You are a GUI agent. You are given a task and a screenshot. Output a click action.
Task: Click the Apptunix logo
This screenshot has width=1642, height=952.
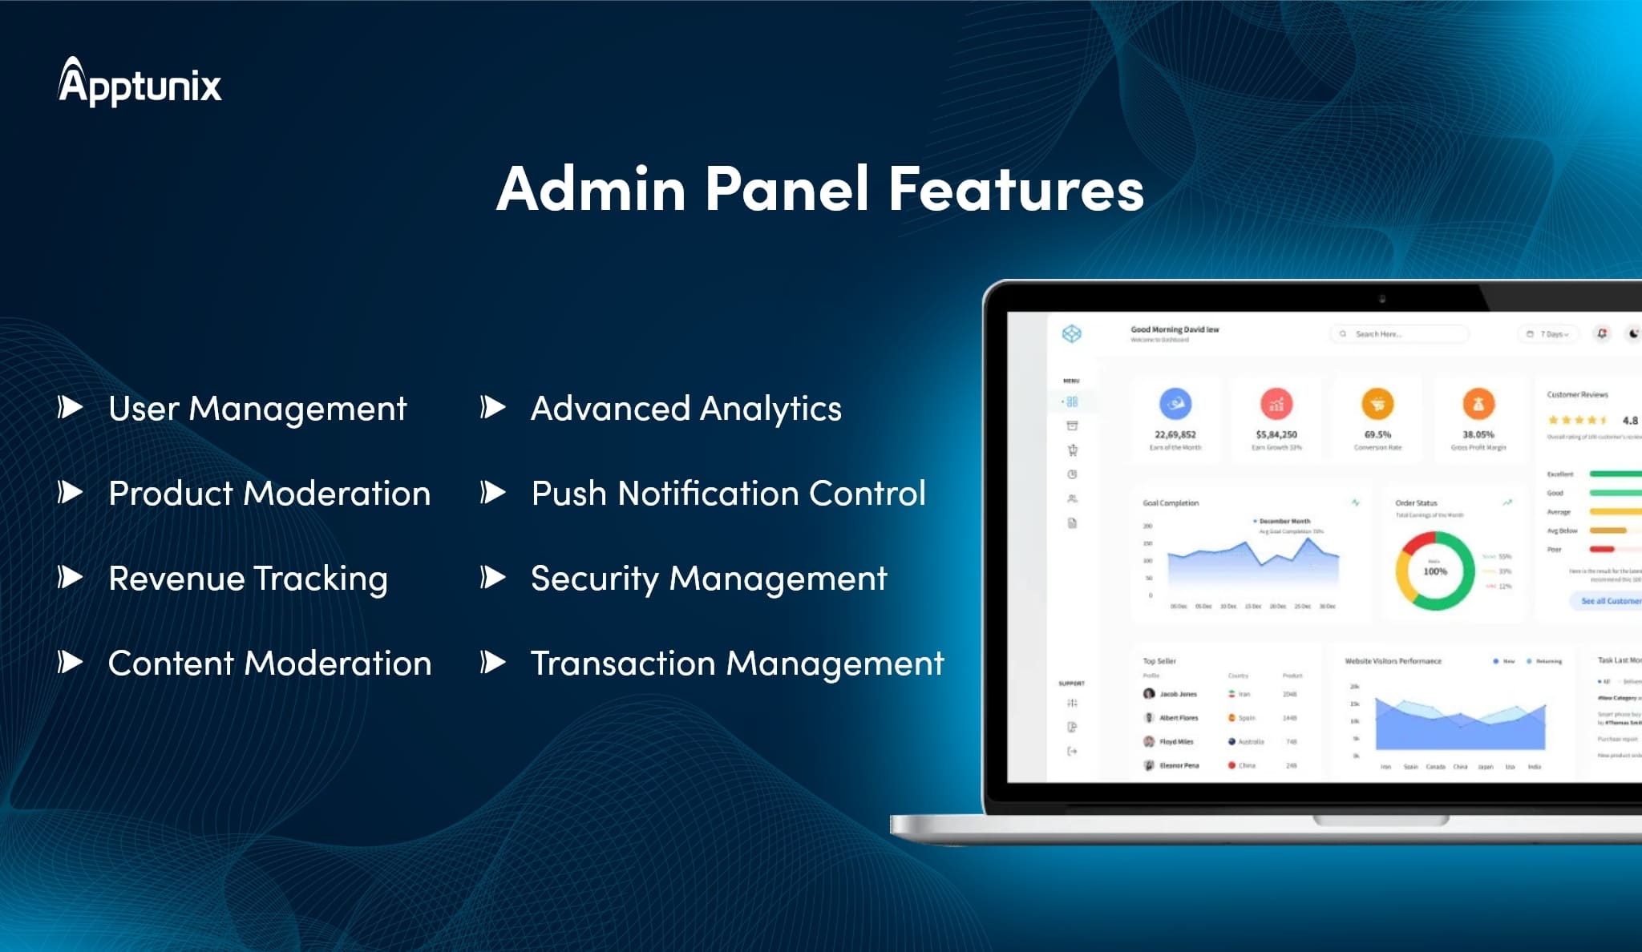140,83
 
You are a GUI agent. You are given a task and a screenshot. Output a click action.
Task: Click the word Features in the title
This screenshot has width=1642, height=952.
1016,189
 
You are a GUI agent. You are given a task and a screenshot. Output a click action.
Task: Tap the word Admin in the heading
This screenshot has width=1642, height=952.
591,189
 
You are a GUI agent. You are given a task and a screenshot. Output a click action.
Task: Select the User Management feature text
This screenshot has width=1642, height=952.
257,409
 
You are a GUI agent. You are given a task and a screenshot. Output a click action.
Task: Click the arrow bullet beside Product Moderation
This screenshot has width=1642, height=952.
71,492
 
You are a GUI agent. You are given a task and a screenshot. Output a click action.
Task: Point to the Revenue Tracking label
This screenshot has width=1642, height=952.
248,579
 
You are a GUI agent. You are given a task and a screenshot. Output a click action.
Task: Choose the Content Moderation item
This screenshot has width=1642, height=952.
269,664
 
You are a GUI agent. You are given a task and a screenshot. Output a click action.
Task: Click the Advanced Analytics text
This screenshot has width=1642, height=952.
686,409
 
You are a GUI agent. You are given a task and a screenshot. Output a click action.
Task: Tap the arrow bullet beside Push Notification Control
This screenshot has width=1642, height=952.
493,492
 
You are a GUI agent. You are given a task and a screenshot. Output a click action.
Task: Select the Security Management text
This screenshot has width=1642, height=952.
709,579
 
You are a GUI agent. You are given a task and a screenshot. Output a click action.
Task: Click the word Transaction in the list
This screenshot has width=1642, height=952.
623,664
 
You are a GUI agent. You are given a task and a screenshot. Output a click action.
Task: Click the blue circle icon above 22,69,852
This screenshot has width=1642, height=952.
1175,404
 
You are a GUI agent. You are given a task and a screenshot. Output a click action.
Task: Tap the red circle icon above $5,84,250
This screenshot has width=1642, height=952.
1276,404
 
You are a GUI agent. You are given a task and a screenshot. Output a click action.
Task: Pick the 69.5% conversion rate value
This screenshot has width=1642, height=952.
1377,434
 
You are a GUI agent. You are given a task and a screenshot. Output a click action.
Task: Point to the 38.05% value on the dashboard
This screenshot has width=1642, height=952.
1478,434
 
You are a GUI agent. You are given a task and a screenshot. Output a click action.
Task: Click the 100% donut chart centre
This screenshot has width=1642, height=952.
1435,571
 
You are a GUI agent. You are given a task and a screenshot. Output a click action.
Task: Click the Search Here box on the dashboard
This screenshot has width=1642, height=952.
1399,334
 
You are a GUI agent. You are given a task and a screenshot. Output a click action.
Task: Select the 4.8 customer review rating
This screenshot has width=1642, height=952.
1630,420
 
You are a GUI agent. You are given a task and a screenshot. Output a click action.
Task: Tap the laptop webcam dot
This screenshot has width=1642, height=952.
1382,299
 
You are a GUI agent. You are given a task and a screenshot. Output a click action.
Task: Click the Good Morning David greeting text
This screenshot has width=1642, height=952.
1175,329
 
